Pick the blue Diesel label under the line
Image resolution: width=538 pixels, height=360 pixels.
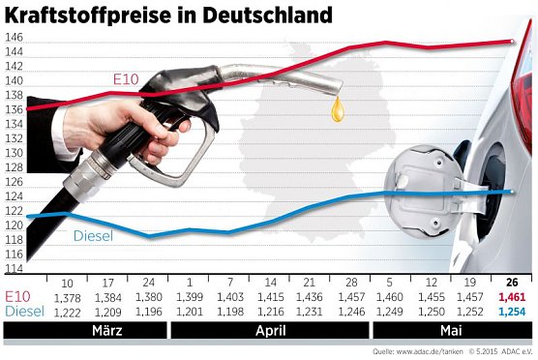pos(94,235)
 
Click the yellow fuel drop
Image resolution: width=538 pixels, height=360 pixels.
pos(337,109)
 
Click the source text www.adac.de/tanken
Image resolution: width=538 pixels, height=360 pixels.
pos(413,351)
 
